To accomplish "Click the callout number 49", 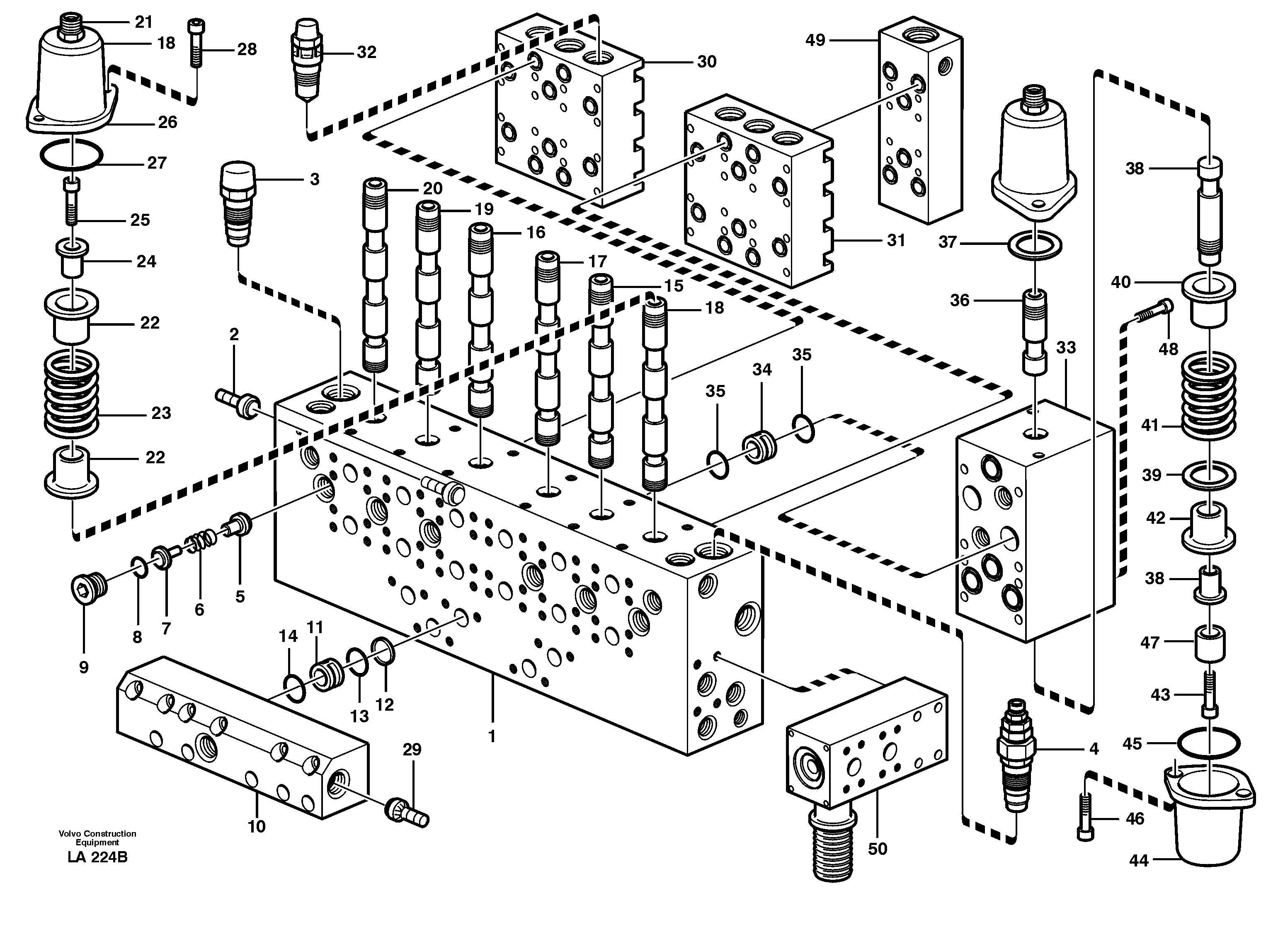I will (x=815, y=40).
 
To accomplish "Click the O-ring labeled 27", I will (x=71, y=154).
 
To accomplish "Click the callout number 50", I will (x=877, y=849).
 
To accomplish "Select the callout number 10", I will (x=256, y=827).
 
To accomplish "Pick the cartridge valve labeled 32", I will (x=307, y=60).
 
